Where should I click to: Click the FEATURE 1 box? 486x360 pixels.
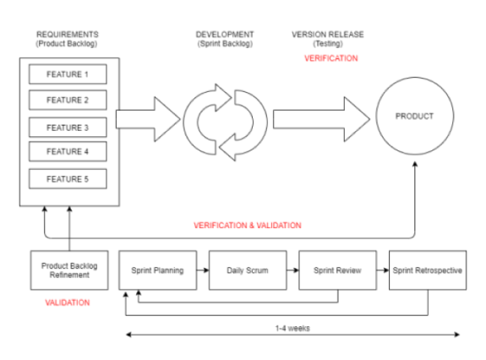(67, 74)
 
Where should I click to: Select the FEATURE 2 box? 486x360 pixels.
(67, 100)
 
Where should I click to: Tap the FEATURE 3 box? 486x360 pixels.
(67, 128)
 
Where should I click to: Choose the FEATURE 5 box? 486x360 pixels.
(67, 178)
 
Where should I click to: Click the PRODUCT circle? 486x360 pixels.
(414, 116)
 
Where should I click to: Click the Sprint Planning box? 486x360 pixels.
(158, 270)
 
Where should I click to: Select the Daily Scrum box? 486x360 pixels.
(248, 270)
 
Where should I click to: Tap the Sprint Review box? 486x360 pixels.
(337, 270)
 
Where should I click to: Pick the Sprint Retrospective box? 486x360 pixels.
(428, 270)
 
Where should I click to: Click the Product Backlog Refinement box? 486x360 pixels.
(67, 270)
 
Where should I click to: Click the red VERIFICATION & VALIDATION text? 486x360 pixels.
(247, 226)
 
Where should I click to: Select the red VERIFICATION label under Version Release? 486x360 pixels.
(330, 58)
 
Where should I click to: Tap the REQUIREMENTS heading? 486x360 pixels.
(68, 34)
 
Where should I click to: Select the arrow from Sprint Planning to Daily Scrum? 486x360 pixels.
(203, 270)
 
